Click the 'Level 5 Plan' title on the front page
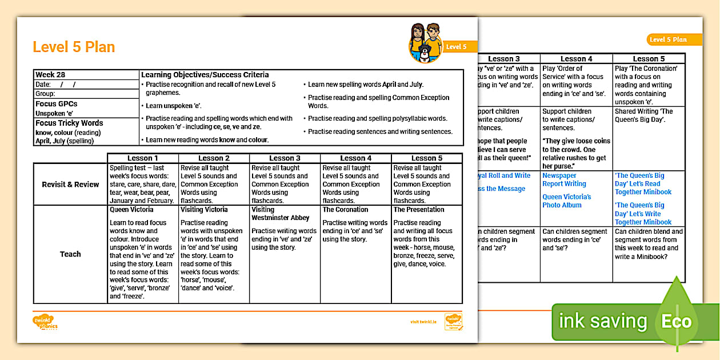[74, 47]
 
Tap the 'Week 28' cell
[50, 75]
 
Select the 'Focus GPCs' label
[56, 104]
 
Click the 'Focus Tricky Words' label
[69, 123]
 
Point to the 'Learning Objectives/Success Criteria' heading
[205, 75]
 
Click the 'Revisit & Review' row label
[70, 185]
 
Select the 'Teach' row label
[70, 254]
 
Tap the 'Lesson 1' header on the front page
[143, 158]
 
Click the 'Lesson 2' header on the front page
[214, 158]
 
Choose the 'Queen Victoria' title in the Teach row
[131, 210]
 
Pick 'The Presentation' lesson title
[419, 210]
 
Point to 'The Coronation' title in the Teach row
[345, 210]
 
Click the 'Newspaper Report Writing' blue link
[564, 180]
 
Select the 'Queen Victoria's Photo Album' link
[566, 201]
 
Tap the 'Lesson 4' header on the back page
[577, 59]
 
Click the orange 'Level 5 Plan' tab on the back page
[667, 39]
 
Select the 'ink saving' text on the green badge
[602, 321]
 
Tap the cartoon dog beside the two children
[424, 53]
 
